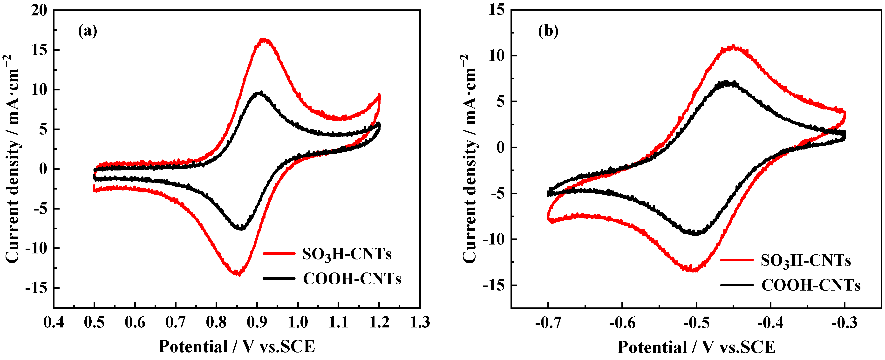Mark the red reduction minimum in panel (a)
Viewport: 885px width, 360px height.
pyautogui.click(x=237, y=273)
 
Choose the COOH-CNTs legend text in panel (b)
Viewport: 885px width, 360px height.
pyautogui.click(x=811, y=285)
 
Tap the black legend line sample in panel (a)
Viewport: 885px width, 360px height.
pyautogui.click(x=279, y=278)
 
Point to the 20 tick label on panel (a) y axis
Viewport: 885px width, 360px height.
pyautogui.click(x=39, y=10)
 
